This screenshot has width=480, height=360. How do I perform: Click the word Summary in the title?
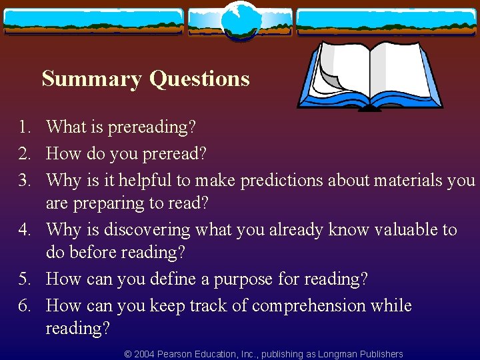coord(91,79)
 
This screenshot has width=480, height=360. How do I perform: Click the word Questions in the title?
coord(199,79)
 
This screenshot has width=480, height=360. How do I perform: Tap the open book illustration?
coord(369,75)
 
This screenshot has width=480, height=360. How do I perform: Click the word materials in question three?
coord(405,181)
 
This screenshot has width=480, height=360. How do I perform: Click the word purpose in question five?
coord(241,279)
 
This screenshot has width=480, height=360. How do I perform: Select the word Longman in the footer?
coord(337,354)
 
